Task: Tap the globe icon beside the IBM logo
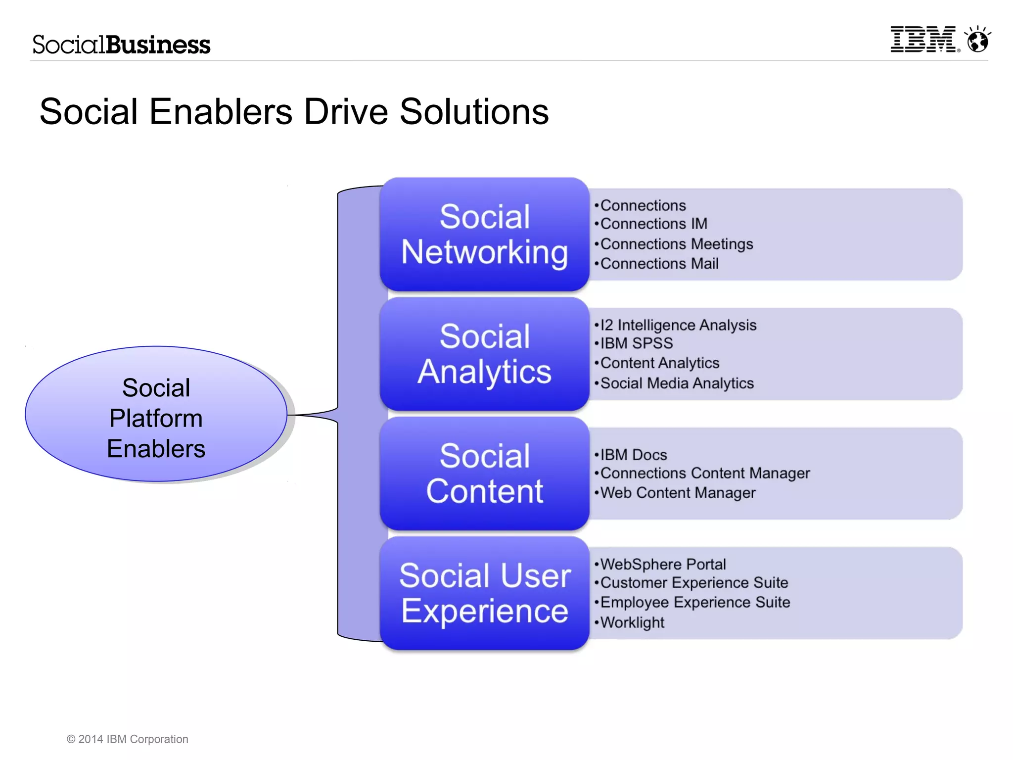coord(978,40)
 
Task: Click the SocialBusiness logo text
coord(121,45)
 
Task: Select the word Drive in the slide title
coord(346,112)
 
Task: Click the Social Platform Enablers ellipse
coord(156,414)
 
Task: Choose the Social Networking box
coord(484,234)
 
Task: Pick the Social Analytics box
coord(484,354)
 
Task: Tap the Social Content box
coord(484,474)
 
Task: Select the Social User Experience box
coord(484,593)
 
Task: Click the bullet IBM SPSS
coord(636,343)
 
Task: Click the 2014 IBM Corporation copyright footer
coord(128,739)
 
